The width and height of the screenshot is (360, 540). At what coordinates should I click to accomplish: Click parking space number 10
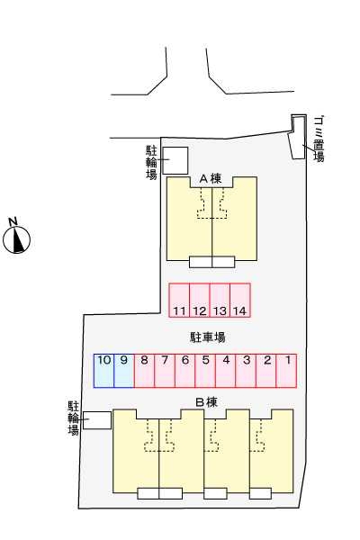pos(103,371)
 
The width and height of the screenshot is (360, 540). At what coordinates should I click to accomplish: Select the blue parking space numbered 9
pos(124,371)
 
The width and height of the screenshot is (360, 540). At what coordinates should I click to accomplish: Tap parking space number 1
pos(286,371)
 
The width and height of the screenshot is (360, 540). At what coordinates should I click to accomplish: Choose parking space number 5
pos(205,371)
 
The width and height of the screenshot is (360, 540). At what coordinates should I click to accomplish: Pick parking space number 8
pos(144,371)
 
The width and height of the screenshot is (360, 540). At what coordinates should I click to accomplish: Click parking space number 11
pos(179,300)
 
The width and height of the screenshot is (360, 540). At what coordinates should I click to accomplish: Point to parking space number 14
pos(240,300)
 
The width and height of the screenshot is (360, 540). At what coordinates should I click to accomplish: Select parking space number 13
pos(220,300)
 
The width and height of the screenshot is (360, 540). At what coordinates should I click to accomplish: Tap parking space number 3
pos(246,371)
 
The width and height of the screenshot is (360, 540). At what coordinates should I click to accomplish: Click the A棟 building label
pos(211,179)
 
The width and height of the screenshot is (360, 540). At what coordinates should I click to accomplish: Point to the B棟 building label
pos(206,402)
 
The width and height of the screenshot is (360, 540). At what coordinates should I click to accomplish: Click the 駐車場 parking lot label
pos(208,337)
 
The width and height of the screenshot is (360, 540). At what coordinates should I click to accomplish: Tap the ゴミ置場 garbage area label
pos(319,139)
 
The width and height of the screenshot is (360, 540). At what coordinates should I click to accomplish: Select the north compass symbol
pos(16,240)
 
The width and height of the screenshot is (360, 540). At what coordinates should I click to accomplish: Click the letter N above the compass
pos(13,221)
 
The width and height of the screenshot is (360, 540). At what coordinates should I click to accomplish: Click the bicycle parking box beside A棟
pos(175,160)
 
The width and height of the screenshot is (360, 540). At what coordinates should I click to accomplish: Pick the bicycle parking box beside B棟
pos(97,420)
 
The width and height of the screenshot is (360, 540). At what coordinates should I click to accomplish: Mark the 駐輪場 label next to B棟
pos(74,418)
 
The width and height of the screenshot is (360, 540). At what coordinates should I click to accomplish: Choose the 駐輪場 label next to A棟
pos(151,162)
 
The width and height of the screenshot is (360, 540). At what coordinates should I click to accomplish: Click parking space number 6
pos(185,371)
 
